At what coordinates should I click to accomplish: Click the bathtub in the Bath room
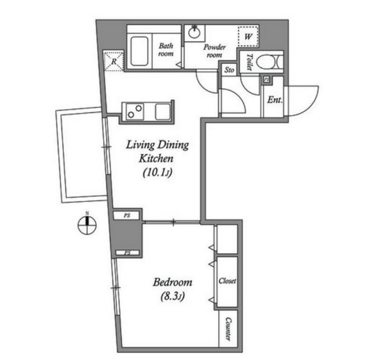click(x=140, y=51)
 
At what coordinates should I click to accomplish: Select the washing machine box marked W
click(x=248, y=36)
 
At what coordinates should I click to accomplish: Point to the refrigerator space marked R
click(x=114, y=61)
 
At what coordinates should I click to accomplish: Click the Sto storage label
click(x=229, y=70)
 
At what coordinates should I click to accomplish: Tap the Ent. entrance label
click(x=274, y=99)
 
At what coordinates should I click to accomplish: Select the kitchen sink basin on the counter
click(x=163, y=111)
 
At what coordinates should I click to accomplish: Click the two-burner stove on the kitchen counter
click(x=134, y=111)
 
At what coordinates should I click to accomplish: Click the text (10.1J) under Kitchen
click(x=157, y=173)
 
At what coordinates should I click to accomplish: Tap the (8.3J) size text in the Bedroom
click(x=173, y=296)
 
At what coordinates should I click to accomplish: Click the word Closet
click(x=227, y=281)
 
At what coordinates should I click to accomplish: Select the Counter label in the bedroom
click(x=228, y=329)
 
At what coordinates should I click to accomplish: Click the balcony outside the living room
click(x=82, y=155)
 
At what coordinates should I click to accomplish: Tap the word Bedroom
click(x=172, y=282)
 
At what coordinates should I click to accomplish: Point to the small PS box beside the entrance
click(x=266, y=80)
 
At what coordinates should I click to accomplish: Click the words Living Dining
click(x=157, y=145)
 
